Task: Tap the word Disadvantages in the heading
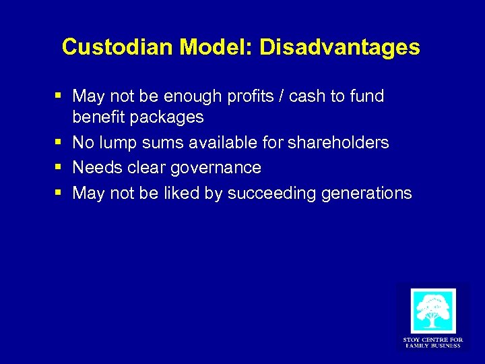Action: point(339,47)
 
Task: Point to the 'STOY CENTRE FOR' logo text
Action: point(432,340)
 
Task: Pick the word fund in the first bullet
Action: point(367,96)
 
